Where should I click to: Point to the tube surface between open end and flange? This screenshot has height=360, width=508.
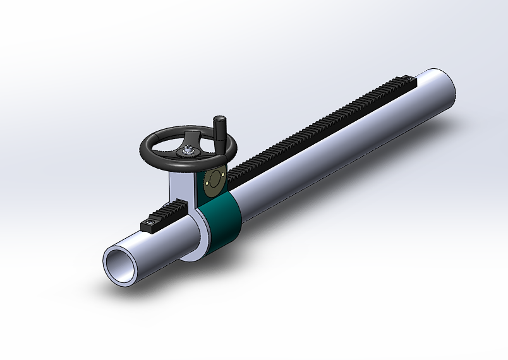point(158,253)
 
